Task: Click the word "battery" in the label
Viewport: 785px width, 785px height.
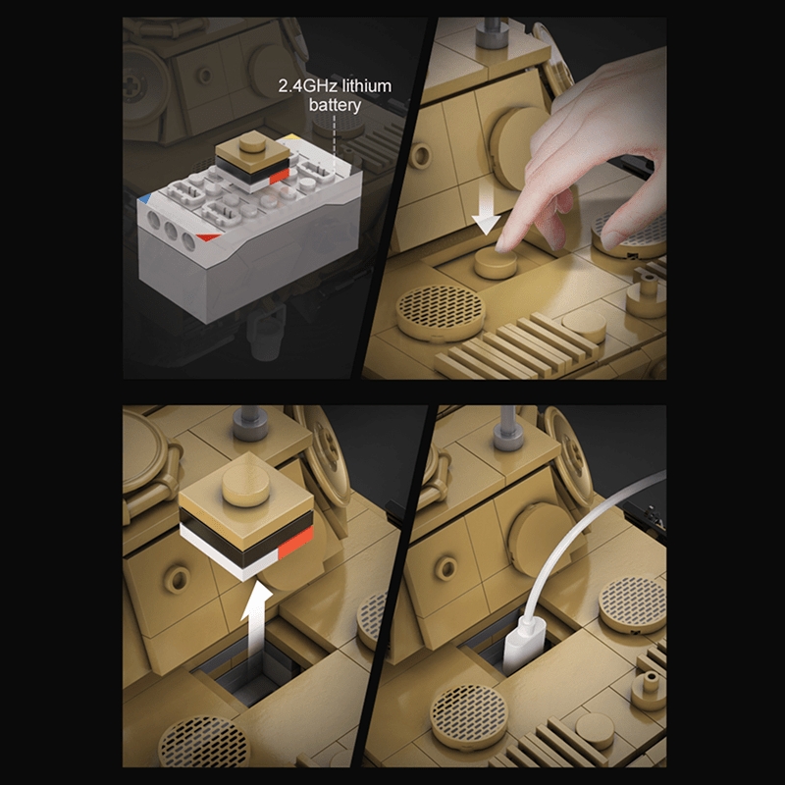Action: coord(336,105)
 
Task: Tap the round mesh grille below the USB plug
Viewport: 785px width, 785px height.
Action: coord(468,713)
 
